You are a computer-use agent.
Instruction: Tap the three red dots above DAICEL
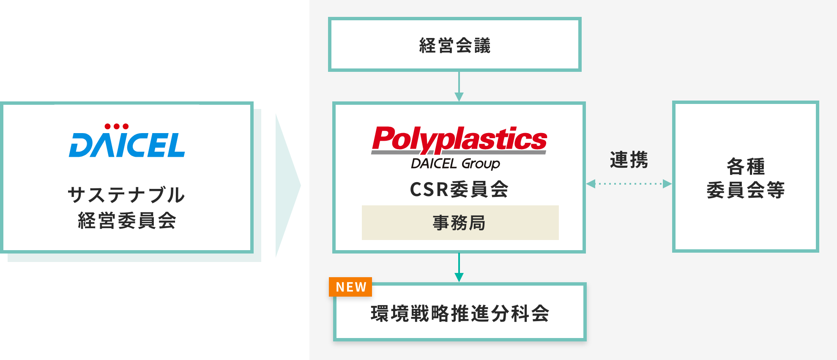click(117, 126)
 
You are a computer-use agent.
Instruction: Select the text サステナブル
click(126, 195)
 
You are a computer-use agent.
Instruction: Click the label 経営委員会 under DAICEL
click(127, 221)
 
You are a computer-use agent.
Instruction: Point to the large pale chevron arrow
click(287, 185)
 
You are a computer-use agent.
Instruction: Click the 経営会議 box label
click(455, 45)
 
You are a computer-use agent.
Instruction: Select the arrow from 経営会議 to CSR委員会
click(459, 87)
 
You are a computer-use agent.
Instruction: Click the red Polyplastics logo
click(459, 139)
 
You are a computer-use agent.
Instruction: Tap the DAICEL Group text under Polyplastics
click(455, 164)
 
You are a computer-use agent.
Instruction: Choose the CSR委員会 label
click(459, 189)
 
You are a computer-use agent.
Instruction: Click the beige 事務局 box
click(460, 223)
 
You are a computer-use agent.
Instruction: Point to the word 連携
click(629, 160)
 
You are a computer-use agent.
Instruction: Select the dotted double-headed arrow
click(629, 184)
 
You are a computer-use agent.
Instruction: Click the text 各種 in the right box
click(746, 166)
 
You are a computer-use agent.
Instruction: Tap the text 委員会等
click(746, 190)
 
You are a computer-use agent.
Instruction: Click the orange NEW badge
click(350, 287)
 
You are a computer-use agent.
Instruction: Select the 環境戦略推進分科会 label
click(460, 314)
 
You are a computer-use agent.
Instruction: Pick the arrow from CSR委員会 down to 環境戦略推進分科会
click(459, 267)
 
